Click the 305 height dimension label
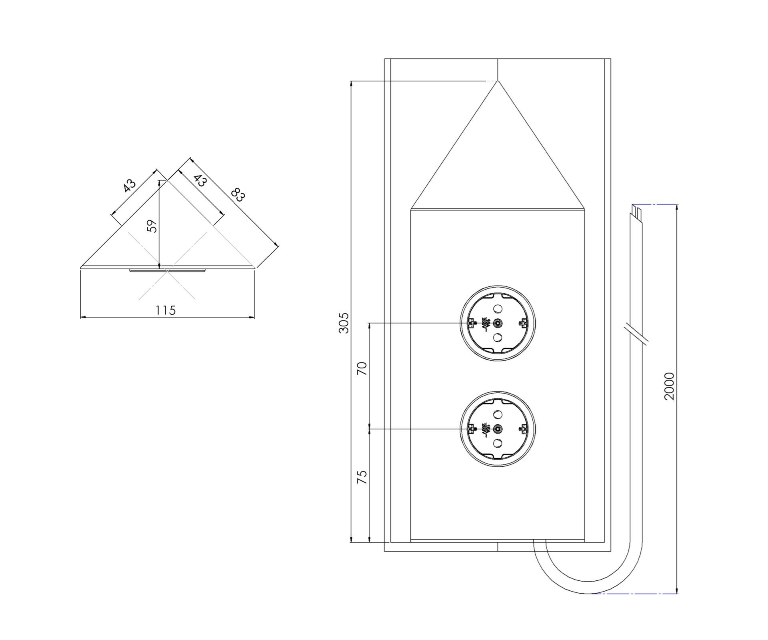click(344, 323)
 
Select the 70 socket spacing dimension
click(362, 368)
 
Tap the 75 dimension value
click(362, 477)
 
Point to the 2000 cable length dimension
click(669, 386)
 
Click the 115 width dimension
click(166, 310)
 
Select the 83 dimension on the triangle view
click(238, 195)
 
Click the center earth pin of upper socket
click(498, 323)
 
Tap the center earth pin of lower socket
click(498, 429)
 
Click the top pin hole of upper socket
click(498, 309)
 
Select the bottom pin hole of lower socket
click(498, 443)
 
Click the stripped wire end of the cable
click(636, 210)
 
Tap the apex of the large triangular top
click(497, 81)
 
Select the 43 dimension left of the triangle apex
click(129, 186)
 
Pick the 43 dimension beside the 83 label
click(200, 180)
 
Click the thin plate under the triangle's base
click(167, 271)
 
